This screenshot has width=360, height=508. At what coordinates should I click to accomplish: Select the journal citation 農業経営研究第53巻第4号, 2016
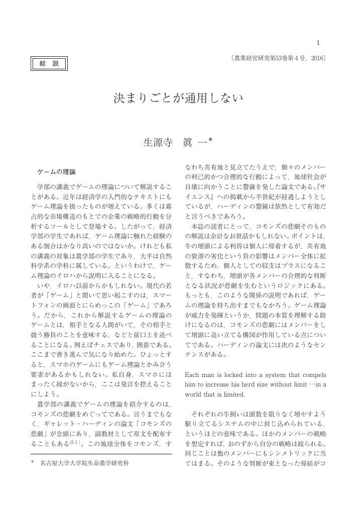click(x=278, y=59)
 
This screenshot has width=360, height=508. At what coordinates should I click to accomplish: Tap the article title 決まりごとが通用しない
click(x=179, y=98)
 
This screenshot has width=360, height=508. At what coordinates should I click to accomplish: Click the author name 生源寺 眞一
click(x=175, y=143)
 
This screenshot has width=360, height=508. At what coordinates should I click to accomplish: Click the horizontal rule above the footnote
click(x=101, y=454)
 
